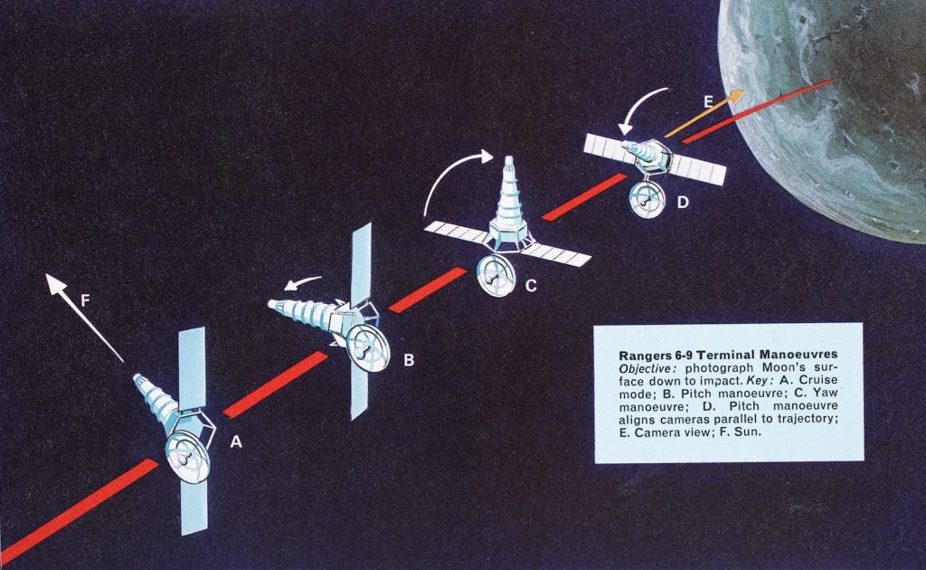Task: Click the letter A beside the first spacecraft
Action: pyautogui.click(x=237, y=442)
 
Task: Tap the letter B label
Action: pyautogui.click(x=409, y=361)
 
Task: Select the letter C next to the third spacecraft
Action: pyautogui.click(x=531, y=286)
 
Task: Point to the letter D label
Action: pyautogui.click(x=682, y=202)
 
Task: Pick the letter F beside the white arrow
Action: pyautogui.click(x=84, y=300)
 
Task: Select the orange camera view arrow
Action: pyautogui.click(x=705, y=114)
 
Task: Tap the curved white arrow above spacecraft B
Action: pyautogui.click(x=302, y=281)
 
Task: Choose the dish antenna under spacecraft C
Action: pyautogui.click(x=492, y=275)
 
